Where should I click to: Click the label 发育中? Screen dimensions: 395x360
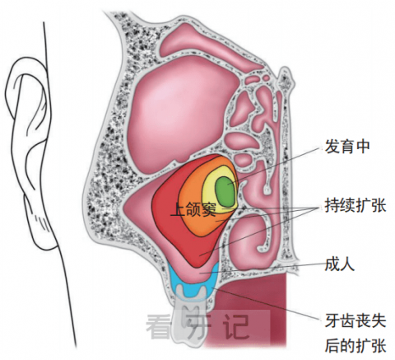347,147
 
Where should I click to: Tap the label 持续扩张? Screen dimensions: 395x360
355,205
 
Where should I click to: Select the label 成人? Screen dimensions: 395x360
340,264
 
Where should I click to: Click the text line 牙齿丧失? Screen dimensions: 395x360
355,320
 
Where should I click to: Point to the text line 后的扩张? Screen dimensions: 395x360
355,345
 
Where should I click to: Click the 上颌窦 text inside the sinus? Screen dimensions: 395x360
193,209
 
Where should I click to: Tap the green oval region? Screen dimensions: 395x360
225,191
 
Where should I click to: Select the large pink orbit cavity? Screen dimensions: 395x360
181,115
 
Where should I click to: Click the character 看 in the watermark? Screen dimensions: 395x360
158,326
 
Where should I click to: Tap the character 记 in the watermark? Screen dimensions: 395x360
236,326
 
